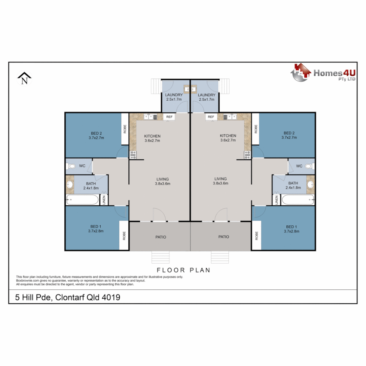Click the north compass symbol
24,79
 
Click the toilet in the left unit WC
71,166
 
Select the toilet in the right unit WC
308,166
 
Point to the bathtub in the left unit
82,200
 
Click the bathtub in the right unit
298,200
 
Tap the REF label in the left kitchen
169,117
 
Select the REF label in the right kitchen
211,117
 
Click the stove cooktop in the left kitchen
133,155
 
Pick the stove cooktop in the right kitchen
247,155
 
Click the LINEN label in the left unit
104,200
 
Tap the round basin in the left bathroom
70,185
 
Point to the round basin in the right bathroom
310,185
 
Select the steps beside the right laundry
225,86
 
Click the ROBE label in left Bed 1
124,235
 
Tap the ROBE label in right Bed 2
256,129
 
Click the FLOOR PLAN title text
183,270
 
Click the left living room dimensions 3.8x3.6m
163,183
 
